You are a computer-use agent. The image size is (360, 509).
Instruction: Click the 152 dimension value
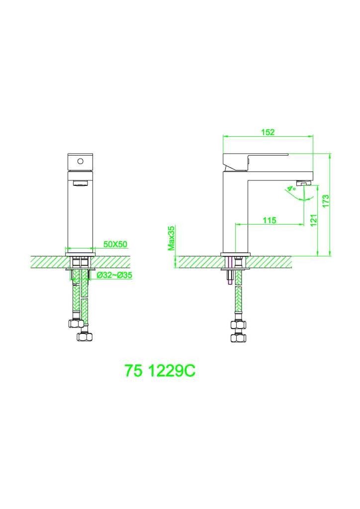[268, 132]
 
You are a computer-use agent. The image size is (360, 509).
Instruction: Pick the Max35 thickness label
[171, 238]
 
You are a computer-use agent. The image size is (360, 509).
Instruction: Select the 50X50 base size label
[115, 244]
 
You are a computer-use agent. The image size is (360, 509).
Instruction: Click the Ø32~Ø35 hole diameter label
[114, 275]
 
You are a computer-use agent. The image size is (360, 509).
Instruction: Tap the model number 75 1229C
[159, 371]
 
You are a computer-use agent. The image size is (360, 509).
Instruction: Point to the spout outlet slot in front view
[79, 184]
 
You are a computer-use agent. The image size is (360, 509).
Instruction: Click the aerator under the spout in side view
[302, 185]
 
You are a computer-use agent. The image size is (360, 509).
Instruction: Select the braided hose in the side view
[238, 301]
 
